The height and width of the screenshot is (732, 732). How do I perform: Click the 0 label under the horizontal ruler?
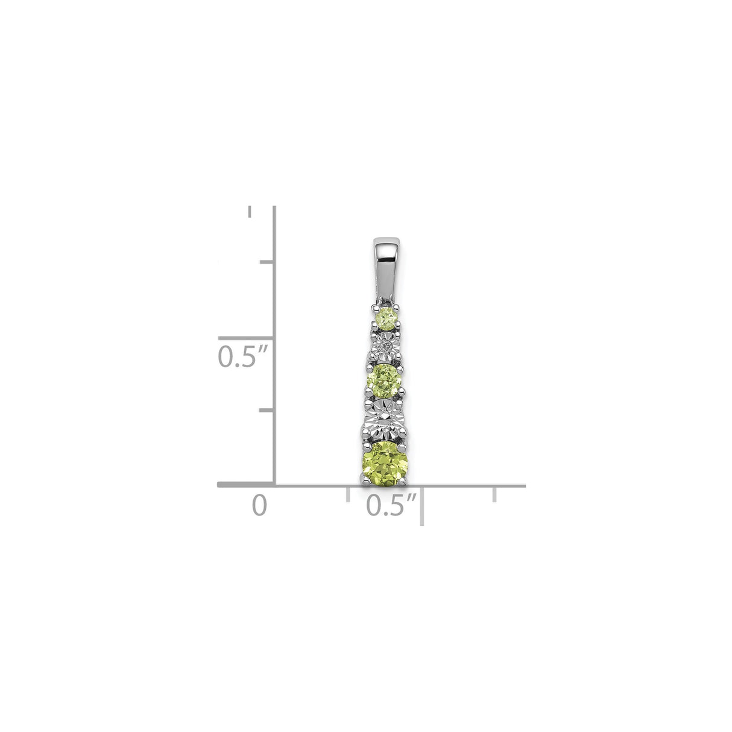[x=259, y=505]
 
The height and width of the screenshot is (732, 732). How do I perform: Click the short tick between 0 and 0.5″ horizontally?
[x=348, y=494]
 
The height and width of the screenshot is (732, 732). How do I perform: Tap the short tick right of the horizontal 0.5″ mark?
[x=494, y=494]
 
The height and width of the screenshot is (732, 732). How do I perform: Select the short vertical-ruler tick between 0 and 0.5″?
[x=267, y=410]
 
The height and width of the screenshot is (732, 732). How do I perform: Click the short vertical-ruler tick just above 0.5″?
[x=267, y=262]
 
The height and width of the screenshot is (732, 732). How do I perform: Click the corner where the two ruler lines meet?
[x=275, y=484]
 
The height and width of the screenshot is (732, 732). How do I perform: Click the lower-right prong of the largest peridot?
[x=408, y=479]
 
